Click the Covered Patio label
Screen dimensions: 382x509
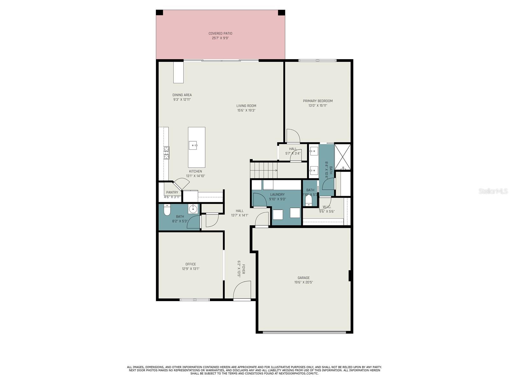(x=220, y=33)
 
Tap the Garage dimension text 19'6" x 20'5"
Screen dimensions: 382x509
(x=303, y=282)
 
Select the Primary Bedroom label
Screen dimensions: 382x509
(x=317, y=101)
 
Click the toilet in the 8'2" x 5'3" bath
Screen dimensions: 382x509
(x=167, y=210)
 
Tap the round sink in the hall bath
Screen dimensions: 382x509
(x=193, y=209)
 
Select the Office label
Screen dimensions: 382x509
(x=191, y=264)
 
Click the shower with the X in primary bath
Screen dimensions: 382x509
(x=343, y=157)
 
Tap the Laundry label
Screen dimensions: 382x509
(x=277, y=195)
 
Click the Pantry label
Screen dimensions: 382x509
(x=172, y=192)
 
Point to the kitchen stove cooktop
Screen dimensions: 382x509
(x=166, y=153)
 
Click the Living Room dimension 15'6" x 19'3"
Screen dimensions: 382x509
(x=246, y=110)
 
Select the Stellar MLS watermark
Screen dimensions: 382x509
(x=493, y=191)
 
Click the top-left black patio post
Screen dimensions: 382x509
(x=159, y=13)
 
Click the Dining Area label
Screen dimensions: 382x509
(x=182, y=95)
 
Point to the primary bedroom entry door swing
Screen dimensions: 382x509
(x=293, y=136)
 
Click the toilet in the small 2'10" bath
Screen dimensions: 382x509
(x=309, y=201)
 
